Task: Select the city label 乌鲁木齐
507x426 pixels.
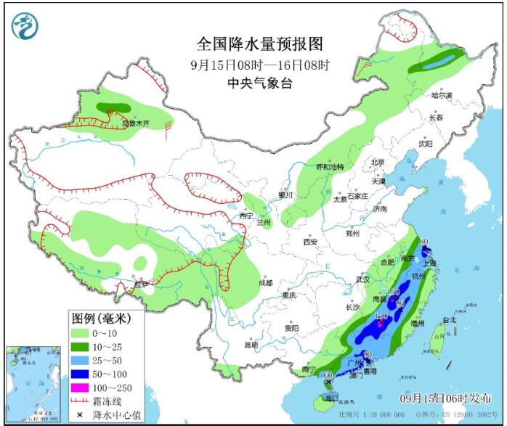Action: pyautogui.click(x=134, y=123)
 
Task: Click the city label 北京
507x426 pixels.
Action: pyautogui.click(x=377, y=162)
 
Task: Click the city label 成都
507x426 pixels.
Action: pyautogui.click(x=264, y=282)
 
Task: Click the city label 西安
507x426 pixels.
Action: pyautogui.click(x=311, y=241)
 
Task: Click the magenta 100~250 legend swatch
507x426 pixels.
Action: pyautogui.click(x=84, y=387)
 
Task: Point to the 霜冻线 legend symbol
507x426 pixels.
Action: pyautogui.click(x=84, y=401)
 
